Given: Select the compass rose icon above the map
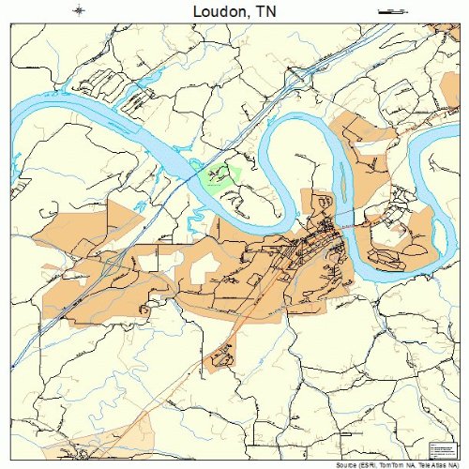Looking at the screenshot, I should tap(80, 10).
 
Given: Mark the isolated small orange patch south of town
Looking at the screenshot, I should tap(221, 356).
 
